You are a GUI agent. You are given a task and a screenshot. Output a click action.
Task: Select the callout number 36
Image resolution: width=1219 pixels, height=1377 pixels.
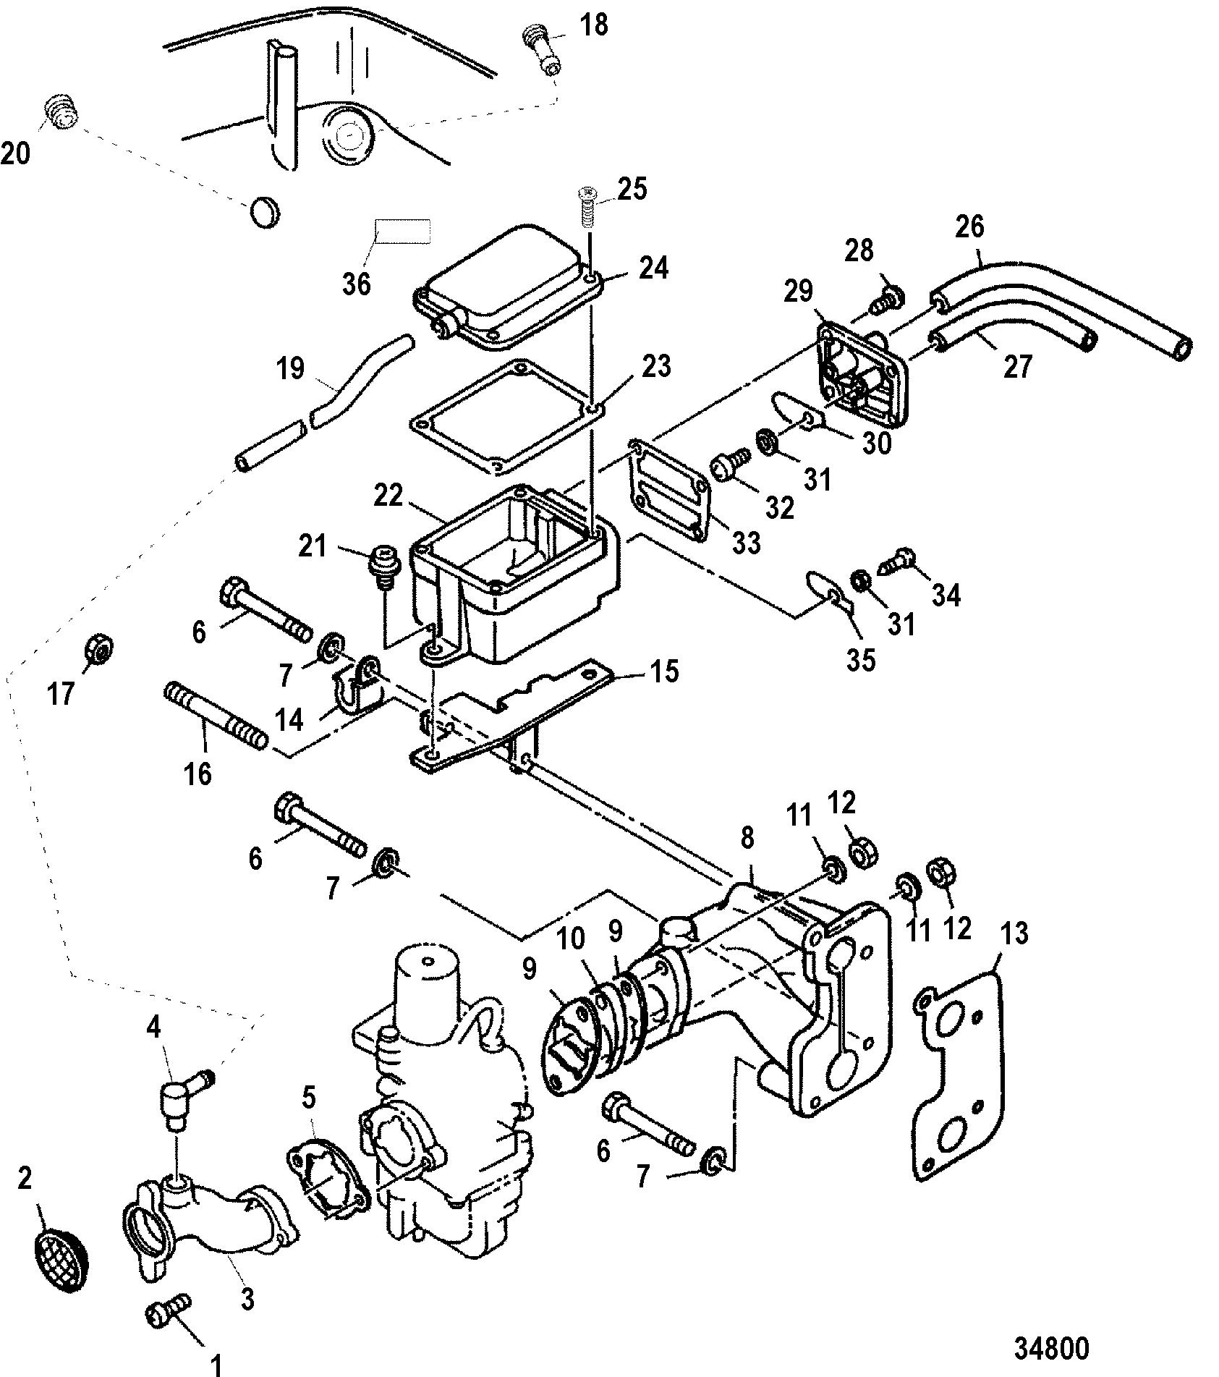[357, 283]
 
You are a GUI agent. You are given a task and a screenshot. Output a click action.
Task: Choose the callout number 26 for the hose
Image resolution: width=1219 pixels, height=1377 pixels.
[970, 227]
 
